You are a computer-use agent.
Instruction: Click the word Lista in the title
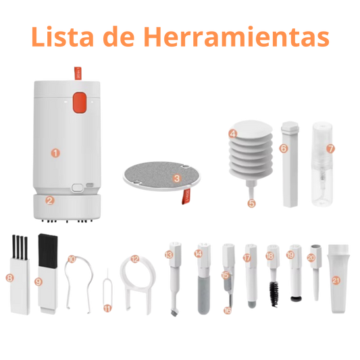click(x=62, y=36)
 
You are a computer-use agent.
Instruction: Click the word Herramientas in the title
click(x=237, y=36)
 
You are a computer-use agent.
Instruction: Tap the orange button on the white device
click(x=79, y=102)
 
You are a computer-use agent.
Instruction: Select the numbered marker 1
click(x=55, y=153)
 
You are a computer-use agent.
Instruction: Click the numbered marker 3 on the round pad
click(x=177, y=178)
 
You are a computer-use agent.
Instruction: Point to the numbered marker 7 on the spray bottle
click(x=330, y=149)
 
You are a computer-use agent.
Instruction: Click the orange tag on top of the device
click(x=78, y=74)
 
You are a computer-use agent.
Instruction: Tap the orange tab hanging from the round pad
click(x=186, y=197)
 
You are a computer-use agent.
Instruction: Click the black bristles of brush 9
click(x=48, y=250)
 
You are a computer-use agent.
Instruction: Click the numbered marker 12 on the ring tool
click(x=135, y=259)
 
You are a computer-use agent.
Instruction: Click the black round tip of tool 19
click(x=297, y=299)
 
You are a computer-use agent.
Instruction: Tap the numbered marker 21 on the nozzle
click(x=336, y=280)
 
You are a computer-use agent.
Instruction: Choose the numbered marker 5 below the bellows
click(x=252, y=203)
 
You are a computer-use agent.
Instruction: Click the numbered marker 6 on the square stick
click(x=284, y=149)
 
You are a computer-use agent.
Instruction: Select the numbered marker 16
click(x=228, y=311)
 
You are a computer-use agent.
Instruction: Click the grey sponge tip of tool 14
click(x=204, y=295)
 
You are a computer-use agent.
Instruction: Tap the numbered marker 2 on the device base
click(x=49, y=201)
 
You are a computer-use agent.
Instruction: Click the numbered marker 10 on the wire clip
click(x=72, y=259)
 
